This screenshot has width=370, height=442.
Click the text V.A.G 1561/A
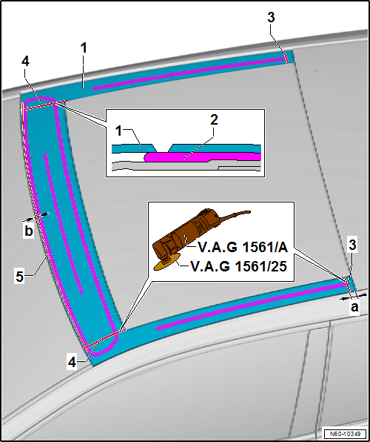point(243,248)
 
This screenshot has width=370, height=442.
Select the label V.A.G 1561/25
point(238,266)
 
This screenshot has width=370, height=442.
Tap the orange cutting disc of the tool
point(166,263)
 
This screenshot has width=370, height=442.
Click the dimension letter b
point(29,231)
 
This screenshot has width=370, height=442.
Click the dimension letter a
point(354,307)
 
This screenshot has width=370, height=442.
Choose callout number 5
point(19,276)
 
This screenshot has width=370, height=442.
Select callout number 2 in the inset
point(214,121)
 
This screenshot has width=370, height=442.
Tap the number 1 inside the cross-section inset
point(119,131)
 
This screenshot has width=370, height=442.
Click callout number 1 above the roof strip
point(84,48)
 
